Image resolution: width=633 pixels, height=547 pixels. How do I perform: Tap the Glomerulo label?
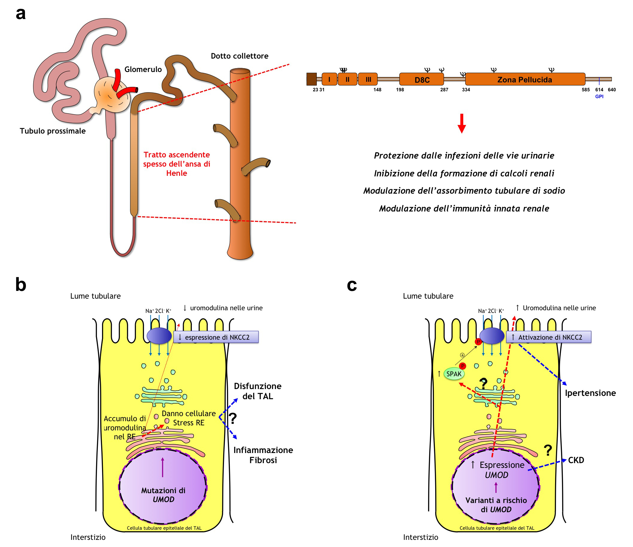coord(143,69)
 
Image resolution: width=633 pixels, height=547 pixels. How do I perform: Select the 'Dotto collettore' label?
coord(239,56)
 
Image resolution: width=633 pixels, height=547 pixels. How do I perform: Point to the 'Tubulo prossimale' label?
coord(53,131)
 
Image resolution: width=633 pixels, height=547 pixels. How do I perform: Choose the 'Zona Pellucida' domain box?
coord(525,79)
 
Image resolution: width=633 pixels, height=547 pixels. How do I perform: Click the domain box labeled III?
coord(368,79)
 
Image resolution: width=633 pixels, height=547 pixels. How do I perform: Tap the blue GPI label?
coord(599,96)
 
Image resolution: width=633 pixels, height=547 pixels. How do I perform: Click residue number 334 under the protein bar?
coord(466,90)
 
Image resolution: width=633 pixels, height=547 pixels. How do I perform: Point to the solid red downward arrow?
coord(462,123)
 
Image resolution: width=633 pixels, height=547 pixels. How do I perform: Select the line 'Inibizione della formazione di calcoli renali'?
coord(464,173)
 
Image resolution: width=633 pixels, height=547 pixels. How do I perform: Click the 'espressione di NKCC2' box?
coord(216,337)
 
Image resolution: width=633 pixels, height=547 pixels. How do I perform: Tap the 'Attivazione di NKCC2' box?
coord(549,337)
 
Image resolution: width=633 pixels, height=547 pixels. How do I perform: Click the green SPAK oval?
coord(454,374)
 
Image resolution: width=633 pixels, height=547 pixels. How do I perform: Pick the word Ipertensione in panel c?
coord(590,393)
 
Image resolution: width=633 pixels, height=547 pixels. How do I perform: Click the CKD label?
coord(576,460)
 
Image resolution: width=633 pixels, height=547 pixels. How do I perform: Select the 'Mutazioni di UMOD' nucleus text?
coord(163,495)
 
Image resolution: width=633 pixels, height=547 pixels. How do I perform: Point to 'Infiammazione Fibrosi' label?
coord(263,455)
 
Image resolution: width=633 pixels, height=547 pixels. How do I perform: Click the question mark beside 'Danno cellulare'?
coord(233,419)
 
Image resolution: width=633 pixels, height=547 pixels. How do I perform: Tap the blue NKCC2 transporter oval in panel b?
coord(159,336)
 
